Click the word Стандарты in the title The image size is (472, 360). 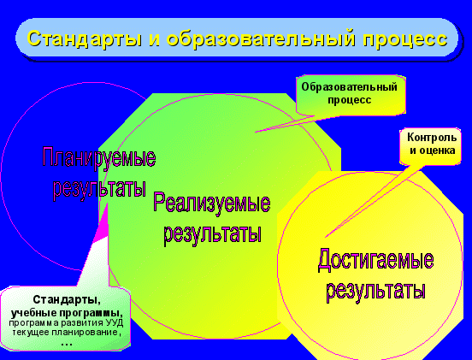[x=85, y=39]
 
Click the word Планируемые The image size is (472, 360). [x=99, y=157]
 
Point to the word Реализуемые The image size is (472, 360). [x=211, y=203]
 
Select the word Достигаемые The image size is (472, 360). [x=375, y=259]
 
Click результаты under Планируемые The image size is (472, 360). [x=99, y=189]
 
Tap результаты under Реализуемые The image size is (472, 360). [x=212, y=234]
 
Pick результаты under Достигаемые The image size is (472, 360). [x=375, y=290]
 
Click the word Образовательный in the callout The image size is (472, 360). [x=349, y=87]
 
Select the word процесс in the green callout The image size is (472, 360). [x=349, y=100]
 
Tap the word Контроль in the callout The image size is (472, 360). [x=432, y=138]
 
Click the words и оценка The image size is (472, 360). [x=432, y=150]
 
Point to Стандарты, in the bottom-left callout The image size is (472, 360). [x=67, y=300]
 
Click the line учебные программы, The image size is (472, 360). [x=67, y=313]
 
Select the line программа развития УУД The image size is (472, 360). [x=66, y=323]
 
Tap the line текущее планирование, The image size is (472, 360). [x=67, y=333]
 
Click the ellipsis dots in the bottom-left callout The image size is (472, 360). [x=67, y=344]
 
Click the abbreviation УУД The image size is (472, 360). [x=115, y=323]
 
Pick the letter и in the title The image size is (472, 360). [x=154, y=40]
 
